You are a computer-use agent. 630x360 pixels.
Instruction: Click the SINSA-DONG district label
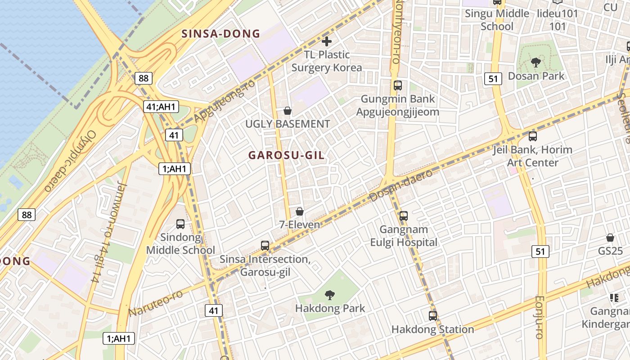pos(220,34)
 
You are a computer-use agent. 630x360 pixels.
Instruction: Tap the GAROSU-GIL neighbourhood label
pos(286,155)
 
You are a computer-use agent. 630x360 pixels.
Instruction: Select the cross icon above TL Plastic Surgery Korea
pos(327,41)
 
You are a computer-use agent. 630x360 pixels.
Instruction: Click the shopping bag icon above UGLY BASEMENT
pos(288,111)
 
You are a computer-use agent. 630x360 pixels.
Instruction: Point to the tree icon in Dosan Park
pos(535,63)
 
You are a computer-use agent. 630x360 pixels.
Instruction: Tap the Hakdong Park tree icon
pos(330,295)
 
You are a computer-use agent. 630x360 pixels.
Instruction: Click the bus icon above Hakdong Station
pos(432,316)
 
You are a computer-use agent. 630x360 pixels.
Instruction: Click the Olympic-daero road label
pos(71,161)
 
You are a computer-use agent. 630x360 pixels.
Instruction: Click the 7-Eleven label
pos(300,225)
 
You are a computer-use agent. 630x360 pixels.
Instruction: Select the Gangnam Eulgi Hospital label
pos(404,236)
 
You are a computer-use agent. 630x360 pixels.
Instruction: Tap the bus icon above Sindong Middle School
pos(180,224)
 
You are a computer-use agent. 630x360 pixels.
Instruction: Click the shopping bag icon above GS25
pos(610,238)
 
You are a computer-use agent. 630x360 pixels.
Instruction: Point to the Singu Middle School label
pos(497,20)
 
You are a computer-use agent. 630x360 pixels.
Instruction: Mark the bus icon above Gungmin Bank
pos(397,85)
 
